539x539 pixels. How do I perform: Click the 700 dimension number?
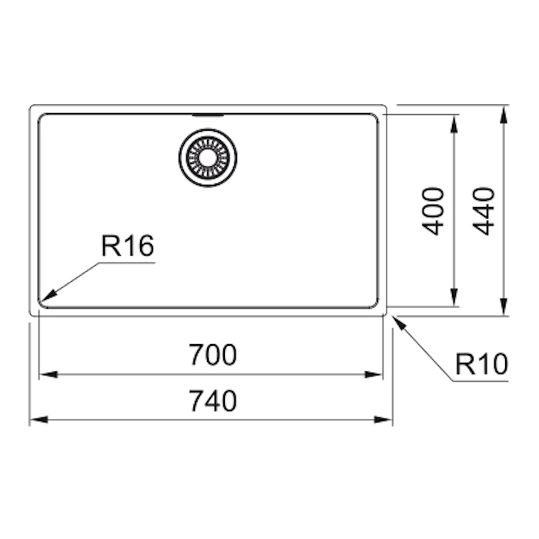(213, 354)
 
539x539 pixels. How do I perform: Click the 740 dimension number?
(213, 400)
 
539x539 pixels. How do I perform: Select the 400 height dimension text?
(433, 211)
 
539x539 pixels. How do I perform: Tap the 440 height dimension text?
(484, 211)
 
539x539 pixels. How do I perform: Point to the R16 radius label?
(128, 246)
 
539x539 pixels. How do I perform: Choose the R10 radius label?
(481, 363)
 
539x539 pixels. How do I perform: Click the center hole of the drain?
(208, 157)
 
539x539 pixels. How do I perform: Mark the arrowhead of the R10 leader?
(399, 322)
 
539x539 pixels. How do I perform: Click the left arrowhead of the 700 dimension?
(48, 374)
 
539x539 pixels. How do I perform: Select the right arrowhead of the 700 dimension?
(374, 374)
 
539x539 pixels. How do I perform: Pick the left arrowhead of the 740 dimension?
(38, 420)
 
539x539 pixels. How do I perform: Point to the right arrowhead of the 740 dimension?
(383, 420)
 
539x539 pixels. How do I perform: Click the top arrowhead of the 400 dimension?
(454, 123)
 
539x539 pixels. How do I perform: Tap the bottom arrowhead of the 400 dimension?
(454, 296)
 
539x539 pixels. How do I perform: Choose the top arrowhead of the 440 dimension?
(504, 114)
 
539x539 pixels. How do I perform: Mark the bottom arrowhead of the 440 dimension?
(504, 306)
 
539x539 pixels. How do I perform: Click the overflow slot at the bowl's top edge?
(208, 115)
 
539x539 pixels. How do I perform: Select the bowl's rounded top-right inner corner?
(376, 117)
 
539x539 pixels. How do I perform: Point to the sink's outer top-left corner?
(31, 106)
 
